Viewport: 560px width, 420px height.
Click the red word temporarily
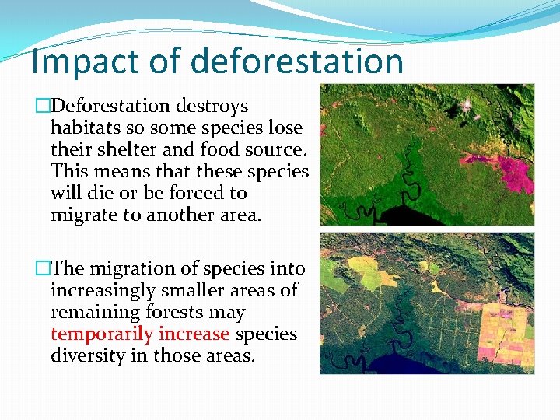[x=101, y=334]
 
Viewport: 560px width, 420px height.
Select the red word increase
[x=194, y=334]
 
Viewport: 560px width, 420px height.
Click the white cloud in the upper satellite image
[x=467, y=103]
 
